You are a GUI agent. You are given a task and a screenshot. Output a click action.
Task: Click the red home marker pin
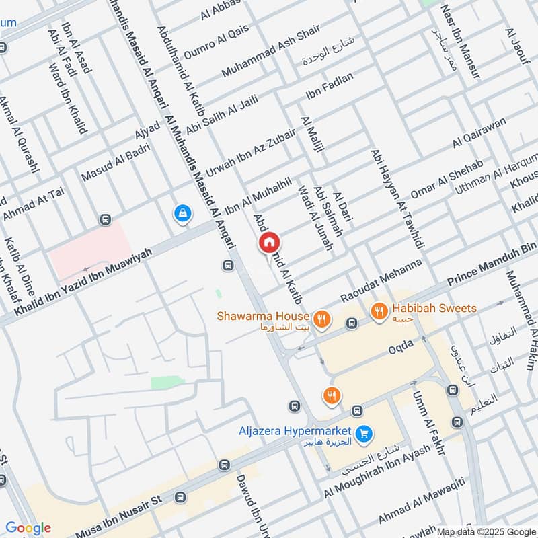(269, 242)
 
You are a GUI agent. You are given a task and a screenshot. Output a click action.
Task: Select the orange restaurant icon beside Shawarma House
(322, 318)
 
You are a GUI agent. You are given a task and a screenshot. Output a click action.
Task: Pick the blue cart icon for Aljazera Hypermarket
(364, 434)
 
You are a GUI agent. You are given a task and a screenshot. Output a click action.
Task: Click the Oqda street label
(400, 350)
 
